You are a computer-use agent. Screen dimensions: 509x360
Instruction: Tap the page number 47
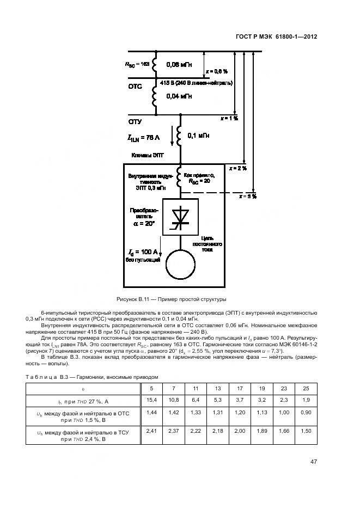pyautogui.click(x=314, y=462)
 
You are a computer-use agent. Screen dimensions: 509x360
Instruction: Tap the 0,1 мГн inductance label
pyautogui.click(x=200, y=136)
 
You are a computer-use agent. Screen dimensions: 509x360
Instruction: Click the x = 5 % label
pyautogui.click(x=247, y=195)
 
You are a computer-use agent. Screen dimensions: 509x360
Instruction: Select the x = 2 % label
pyautogui.click(x=237, y=168)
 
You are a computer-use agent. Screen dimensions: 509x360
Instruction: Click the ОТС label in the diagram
pyautogui.click(x=135, y=86)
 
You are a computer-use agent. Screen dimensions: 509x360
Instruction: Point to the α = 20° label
pyautogui.click(x=143, y=224)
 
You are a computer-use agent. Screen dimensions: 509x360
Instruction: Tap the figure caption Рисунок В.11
pyautogui.click(x=171, y=299)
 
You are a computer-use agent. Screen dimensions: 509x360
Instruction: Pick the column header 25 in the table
pyautogui.click(x=306, y=388)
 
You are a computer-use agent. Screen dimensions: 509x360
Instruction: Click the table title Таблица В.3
pyautogui.click(x=92, y=377)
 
